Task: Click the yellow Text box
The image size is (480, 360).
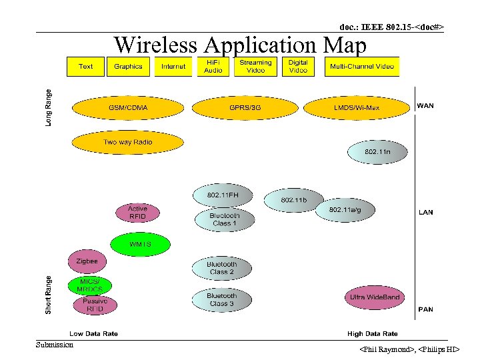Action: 86,66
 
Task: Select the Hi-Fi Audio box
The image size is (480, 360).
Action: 213,66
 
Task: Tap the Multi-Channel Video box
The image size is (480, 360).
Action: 362,66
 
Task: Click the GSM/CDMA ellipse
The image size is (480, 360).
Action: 129,107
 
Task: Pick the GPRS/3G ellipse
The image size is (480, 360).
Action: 245,107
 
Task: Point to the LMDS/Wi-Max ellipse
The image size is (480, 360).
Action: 356,107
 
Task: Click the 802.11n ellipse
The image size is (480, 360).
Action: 377,153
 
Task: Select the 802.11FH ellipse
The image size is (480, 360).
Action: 222,195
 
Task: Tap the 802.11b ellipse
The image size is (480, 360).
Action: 293,200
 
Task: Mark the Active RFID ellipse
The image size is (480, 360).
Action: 137,212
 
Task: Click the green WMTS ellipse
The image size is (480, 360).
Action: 140,244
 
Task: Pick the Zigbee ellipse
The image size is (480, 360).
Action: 87,261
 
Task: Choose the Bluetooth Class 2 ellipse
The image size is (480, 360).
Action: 222,268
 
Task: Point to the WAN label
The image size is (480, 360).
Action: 425,105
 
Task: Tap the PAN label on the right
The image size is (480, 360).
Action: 425,309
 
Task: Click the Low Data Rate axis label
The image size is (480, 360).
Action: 94,333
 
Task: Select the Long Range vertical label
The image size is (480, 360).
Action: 48,109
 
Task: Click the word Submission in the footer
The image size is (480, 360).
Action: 55,345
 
